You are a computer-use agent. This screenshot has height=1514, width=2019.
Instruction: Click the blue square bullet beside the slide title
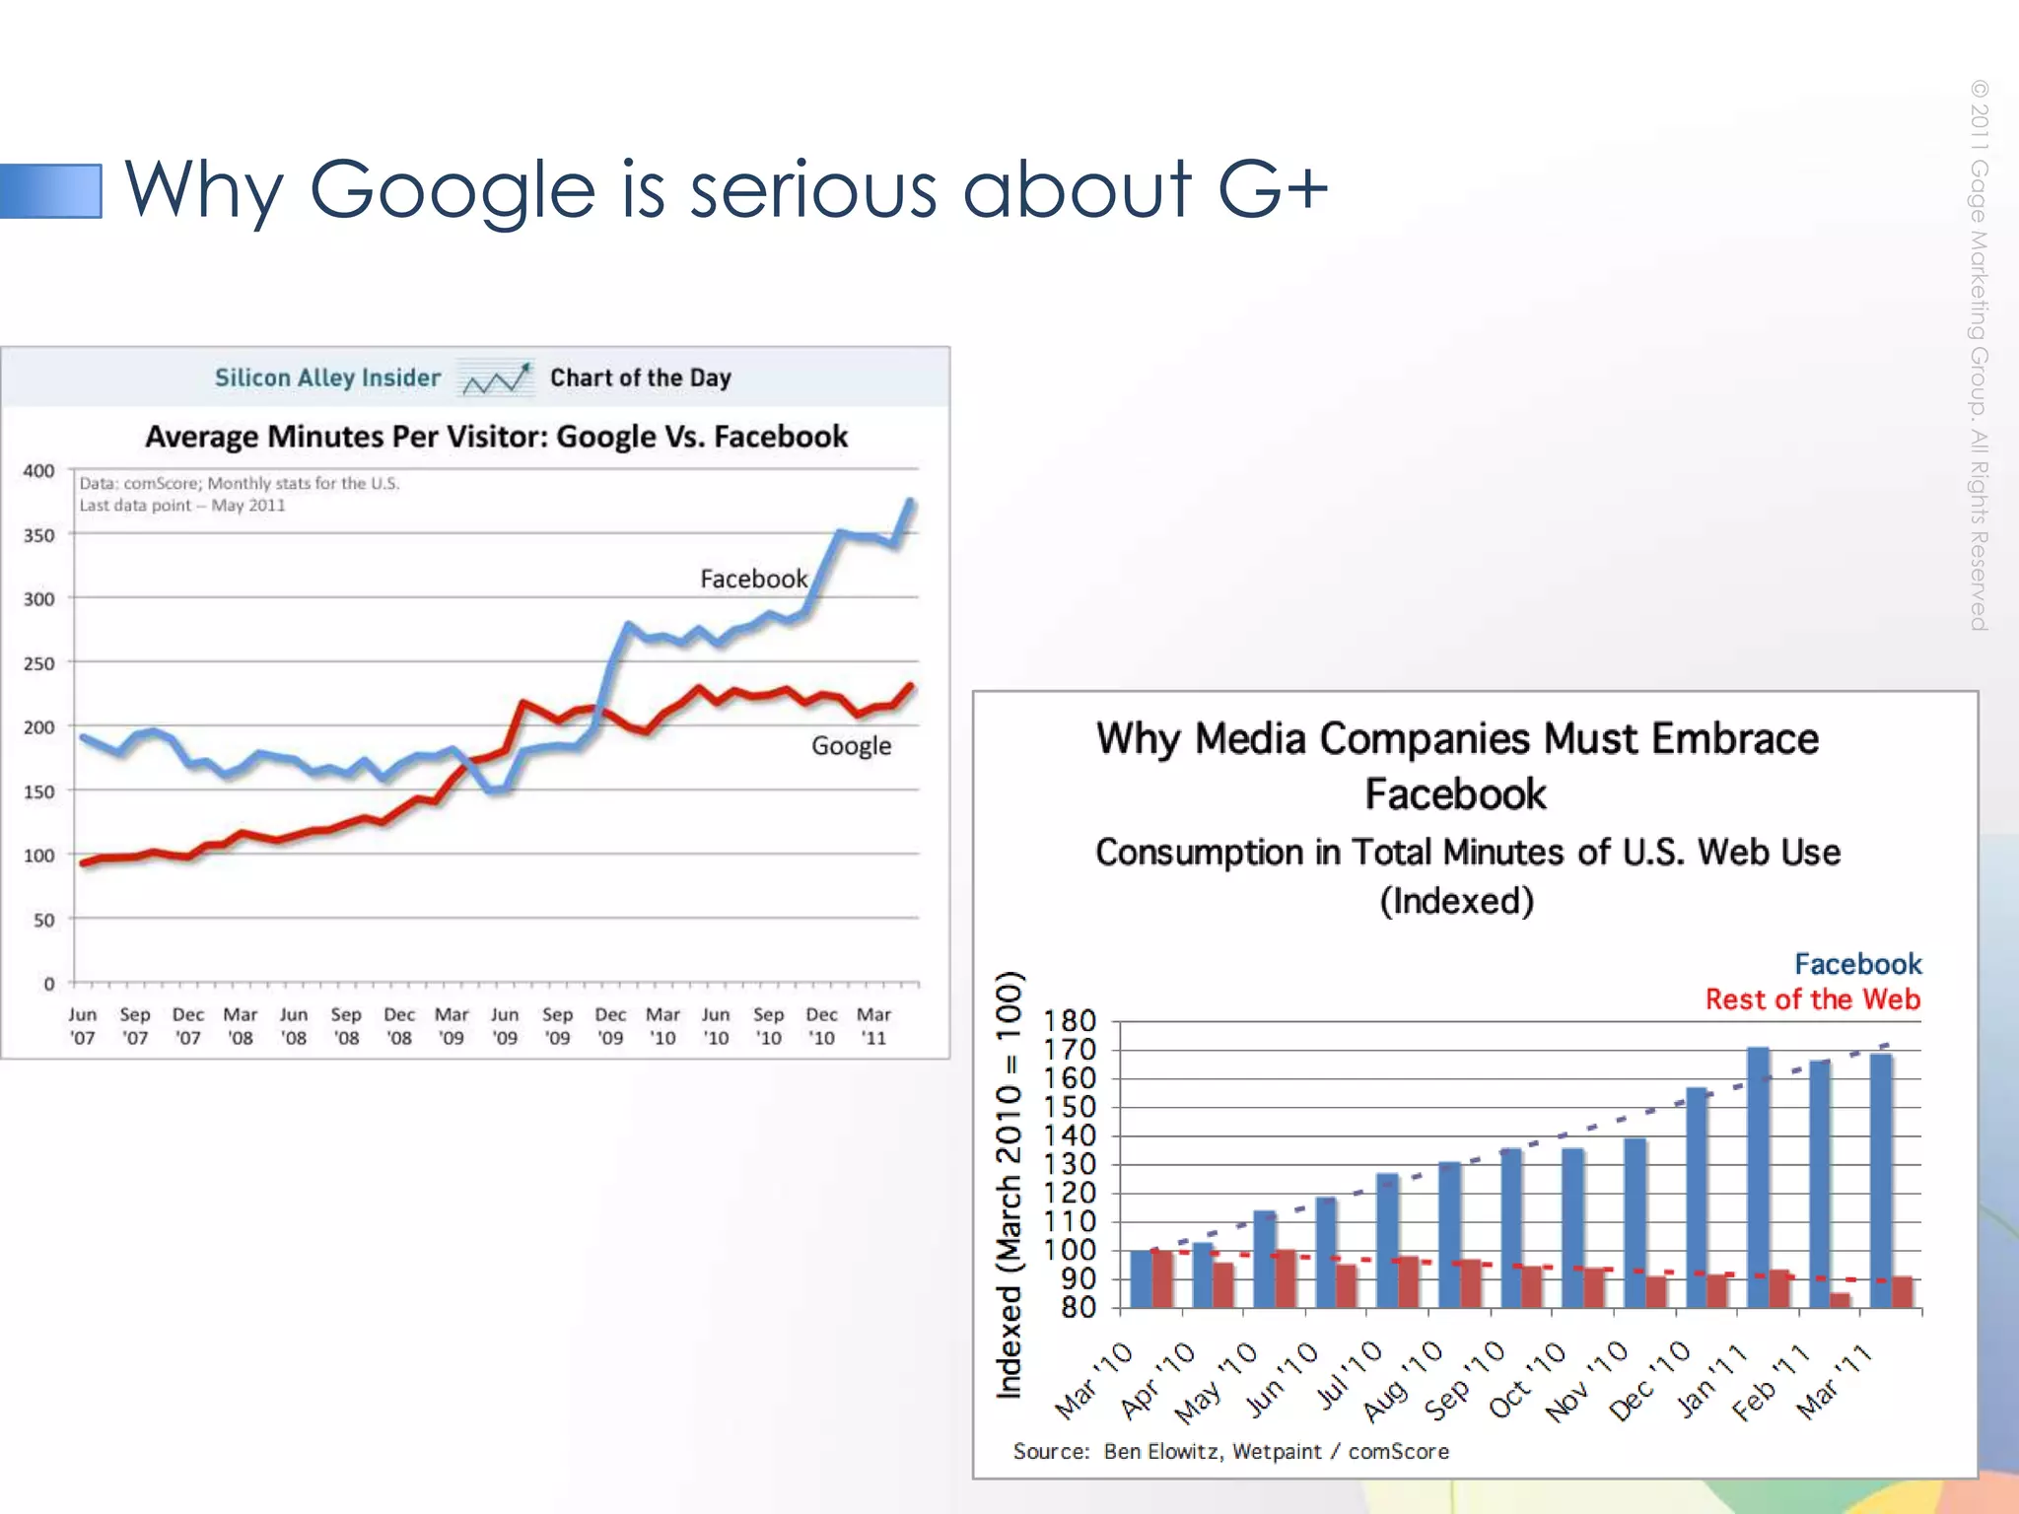(51, 190)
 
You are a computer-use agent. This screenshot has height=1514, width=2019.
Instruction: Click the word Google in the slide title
(453, 190)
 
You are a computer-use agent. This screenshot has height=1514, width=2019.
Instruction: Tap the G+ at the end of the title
(1273, 187)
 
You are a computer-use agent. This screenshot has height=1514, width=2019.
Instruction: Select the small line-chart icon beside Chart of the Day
(496, 378)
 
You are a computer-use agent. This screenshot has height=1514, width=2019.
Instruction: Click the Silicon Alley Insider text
(327, 378)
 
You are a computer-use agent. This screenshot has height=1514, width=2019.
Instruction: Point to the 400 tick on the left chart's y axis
(38, 471)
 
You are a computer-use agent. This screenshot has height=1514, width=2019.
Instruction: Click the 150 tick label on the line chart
(38, 791)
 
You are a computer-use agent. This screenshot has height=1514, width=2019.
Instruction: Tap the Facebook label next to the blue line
(753, 579)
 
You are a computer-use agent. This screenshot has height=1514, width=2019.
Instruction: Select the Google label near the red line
(851, 746)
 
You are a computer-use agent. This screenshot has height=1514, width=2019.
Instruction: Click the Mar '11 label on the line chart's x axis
(873, 1026)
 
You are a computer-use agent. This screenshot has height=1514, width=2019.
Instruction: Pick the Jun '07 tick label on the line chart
(83, 1026)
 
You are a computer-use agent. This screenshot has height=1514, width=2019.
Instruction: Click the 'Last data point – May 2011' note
(182, 506)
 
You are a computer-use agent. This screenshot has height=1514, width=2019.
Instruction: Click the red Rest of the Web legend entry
(1812, 999)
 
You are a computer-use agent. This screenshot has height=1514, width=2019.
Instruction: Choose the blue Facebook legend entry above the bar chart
(1857, 963)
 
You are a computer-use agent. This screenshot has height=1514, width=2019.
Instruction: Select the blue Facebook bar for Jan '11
(1758, 1178)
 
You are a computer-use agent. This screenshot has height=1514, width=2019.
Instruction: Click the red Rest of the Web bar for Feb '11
(1840, 1300)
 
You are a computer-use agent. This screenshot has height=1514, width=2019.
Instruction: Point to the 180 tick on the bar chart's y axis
(1070, 1021)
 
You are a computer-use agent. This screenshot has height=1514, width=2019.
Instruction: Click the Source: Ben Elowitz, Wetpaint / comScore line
(1230, 1451)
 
